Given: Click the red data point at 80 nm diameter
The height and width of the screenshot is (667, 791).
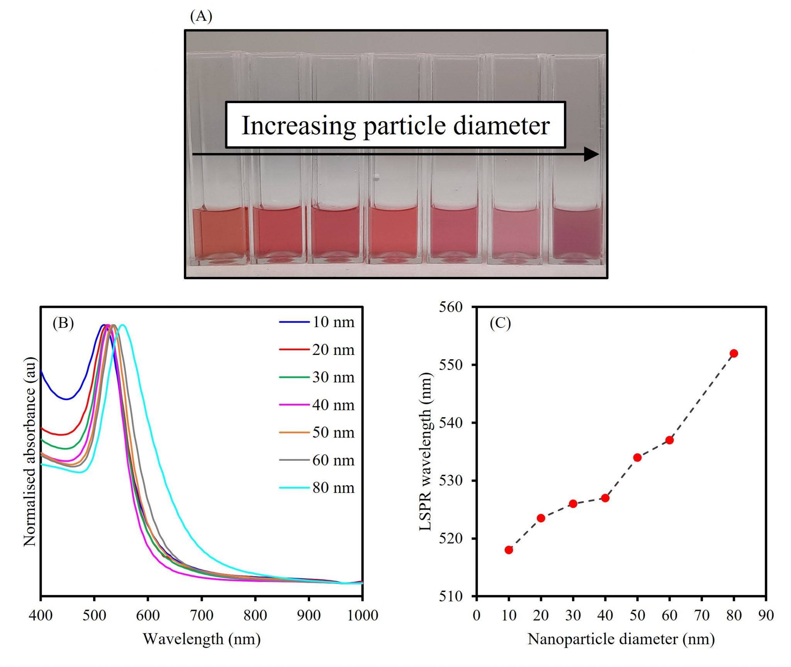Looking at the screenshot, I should [x=734, y=353].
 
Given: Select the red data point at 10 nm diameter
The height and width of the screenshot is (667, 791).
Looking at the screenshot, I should [x=509, y=550].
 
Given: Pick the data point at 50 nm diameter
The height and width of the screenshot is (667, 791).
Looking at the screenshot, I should [x=637, y=457].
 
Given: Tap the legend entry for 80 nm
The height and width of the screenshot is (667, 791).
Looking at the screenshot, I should [x=317, y=487].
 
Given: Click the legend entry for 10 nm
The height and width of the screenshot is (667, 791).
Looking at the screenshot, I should [x=317, y=322].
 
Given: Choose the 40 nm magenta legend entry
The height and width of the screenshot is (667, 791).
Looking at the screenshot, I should [x=317, y=405].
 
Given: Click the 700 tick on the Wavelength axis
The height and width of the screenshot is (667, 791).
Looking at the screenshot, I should [x=201, y=615].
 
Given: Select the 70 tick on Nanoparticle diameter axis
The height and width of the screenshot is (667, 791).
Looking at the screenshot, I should [x=701, y=615].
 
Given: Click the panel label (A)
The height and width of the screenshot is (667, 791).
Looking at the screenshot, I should [x=201, y=16].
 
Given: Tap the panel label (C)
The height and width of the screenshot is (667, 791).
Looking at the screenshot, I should [x=500, y=322].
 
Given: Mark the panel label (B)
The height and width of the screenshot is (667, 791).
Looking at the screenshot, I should [x=63, y=322].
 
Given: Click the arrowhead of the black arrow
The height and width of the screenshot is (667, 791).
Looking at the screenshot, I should [x=591, y=154].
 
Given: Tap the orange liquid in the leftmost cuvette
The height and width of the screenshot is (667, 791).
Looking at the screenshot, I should [x=220, y=233].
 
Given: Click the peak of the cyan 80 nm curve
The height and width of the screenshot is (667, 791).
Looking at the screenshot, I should [x=122, y=325].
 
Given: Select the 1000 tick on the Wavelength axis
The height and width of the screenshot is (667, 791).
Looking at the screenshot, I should [x=362, y=615].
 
